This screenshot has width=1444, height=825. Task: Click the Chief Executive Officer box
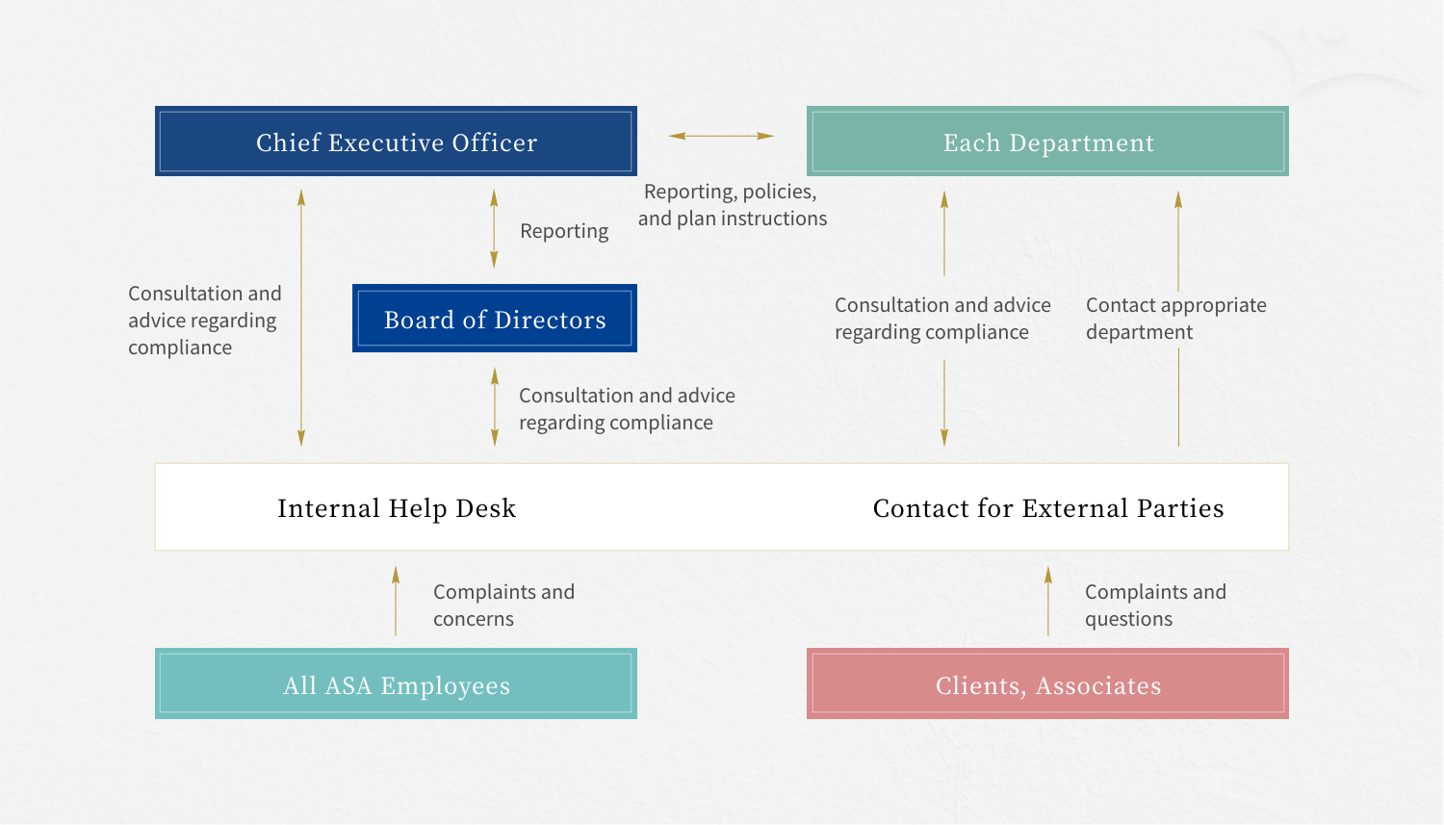point(396,142)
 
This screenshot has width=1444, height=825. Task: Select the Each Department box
point(1047,142)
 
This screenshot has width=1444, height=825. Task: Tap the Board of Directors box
point(494,319)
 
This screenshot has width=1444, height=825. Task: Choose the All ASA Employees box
point(396,684)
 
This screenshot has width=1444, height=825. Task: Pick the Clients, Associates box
point(1047,684)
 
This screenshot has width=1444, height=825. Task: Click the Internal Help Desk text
point(397,508)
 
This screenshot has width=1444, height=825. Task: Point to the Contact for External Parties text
point(1048,508)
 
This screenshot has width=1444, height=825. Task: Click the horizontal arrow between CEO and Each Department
point(721,136)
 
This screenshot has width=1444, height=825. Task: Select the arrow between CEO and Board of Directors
point(494,228)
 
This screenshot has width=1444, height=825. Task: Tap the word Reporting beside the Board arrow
point(564,231)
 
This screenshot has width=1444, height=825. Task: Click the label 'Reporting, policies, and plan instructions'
point(732,205)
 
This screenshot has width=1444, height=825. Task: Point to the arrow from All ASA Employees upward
point(396,601)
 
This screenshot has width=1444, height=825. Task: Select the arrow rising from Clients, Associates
point(1048,601)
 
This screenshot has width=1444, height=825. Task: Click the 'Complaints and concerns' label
point(503,606)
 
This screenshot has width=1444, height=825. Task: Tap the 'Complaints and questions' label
point(1154,606)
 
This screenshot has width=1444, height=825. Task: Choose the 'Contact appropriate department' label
point(1175,319)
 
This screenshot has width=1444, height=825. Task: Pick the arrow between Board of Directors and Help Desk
point(495,406)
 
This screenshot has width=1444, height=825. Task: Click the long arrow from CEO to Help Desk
point(301,318)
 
